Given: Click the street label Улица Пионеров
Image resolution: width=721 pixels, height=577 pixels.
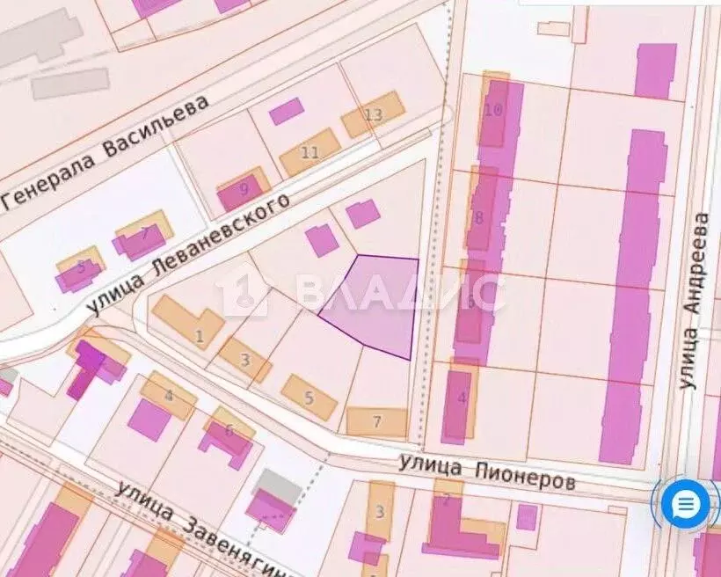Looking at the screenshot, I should click(487, 471).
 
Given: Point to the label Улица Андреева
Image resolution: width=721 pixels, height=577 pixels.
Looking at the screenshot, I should click(695, 299).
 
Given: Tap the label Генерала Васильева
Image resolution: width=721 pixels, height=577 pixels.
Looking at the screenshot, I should click(106, 150).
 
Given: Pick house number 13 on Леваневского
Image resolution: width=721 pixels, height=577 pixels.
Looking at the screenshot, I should click(374, 114).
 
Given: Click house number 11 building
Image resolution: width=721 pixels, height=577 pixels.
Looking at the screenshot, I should click(310, 152).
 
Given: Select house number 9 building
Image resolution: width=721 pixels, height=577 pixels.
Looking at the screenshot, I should click(243, 188).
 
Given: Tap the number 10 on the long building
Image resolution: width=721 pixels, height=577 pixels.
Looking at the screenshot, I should click(493, 110).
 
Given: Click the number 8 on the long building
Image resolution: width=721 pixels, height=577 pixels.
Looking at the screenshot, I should click(479, 217).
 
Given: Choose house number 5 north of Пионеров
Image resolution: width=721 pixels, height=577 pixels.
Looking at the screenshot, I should click(309, 398).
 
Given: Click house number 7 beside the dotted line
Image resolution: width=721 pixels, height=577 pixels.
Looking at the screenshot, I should click(376, 422).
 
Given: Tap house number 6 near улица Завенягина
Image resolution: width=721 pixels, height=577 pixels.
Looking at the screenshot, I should click(229, 430).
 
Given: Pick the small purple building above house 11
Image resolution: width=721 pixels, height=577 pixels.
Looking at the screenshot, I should click(286, 111).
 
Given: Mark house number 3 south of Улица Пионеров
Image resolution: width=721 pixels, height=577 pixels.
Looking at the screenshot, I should click(380, 512).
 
